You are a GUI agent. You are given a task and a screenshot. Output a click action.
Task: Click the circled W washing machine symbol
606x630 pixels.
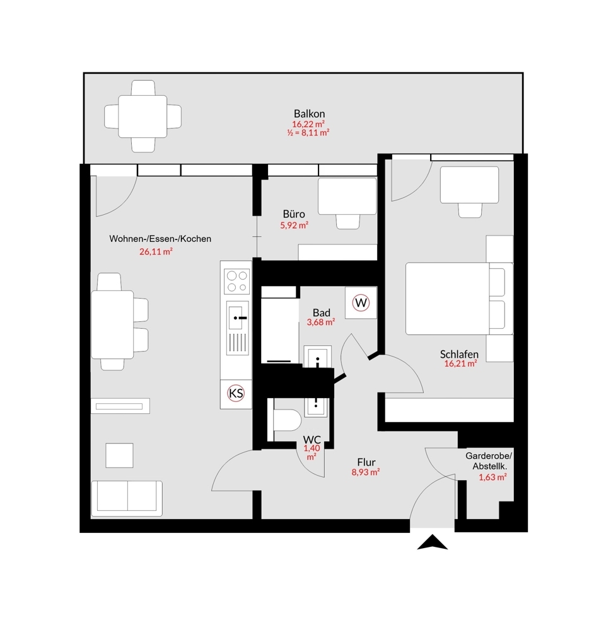point(361,302)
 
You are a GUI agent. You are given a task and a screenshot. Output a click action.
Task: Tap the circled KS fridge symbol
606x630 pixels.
point(236,392)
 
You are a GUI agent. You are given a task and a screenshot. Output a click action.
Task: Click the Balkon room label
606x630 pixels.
point(309,113)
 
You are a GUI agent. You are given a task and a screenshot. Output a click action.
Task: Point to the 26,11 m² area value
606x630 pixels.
point(156,251)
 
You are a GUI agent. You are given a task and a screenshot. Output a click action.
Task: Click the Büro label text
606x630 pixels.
point(294,214)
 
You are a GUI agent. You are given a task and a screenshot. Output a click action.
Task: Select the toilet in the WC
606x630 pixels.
point(287,420)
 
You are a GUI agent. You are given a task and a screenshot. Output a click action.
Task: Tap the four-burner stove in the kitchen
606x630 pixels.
point(237,281)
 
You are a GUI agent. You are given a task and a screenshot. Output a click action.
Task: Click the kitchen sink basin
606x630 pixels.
point(237,318)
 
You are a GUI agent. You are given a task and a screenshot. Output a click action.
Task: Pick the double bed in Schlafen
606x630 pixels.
point(459,299)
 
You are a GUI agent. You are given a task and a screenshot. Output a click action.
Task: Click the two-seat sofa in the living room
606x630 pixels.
point(127,498)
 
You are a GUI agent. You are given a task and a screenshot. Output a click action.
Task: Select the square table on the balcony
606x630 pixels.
point(143,117)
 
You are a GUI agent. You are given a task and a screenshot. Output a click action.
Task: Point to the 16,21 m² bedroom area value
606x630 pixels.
point(460,364)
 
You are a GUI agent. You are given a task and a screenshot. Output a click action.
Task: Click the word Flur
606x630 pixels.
point(366,462)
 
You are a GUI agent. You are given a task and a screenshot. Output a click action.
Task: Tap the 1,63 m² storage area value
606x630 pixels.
point(492,478)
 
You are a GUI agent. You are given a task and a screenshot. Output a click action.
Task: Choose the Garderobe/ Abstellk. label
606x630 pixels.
point(489,461)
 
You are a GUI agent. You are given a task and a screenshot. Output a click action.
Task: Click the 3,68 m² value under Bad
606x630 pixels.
point(321,322)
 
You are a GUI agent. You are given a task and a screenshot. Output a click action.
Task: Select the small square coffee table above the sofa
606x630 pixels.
point(119,455)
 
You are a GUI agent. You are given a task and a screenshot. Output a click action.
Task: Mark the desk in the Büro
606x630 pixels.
point(347,196)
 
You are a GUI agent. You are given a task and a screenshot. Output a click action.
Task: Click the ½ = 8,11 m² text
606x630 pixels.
point(308,132)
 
